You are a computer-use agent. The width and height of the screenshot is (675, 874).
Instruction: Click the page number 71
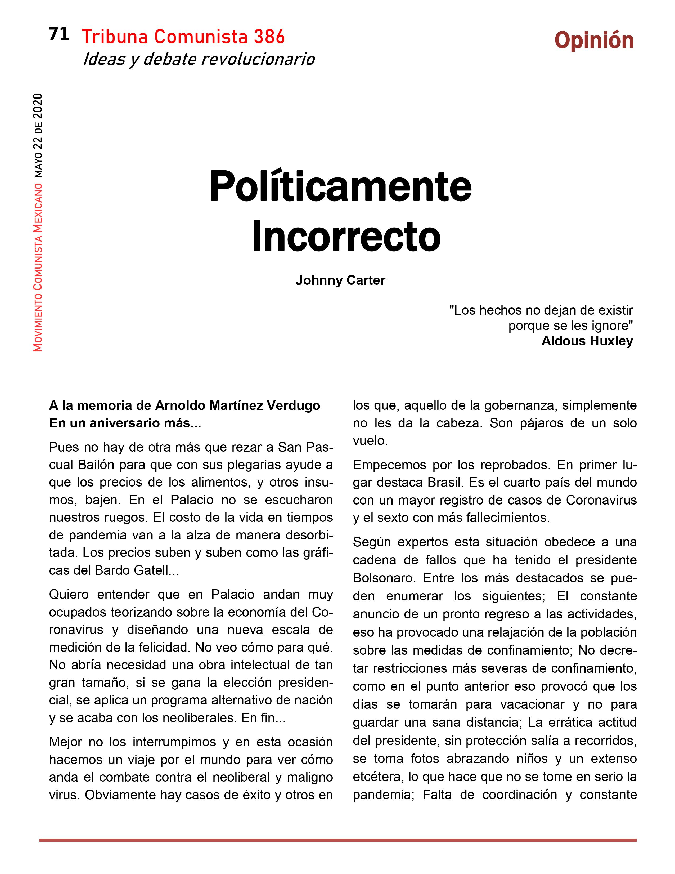(59, 34)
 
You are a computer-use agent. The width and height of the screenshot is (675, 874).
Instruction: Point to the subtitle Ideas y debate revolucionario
(199, 59)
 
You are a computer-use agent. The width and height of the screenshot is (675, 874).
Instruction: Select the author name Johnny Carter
(340, 280)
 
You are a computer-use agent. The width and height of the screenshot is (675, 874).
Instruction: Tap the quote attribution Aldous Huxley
(587, 341)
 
